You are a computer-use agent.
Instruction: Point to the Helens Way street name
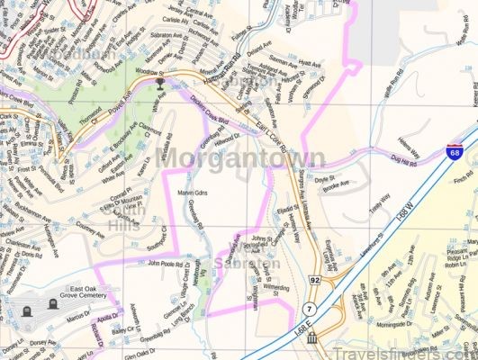[409, 142]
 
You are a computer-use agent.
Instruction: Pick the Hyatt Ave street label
[310, 65]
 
